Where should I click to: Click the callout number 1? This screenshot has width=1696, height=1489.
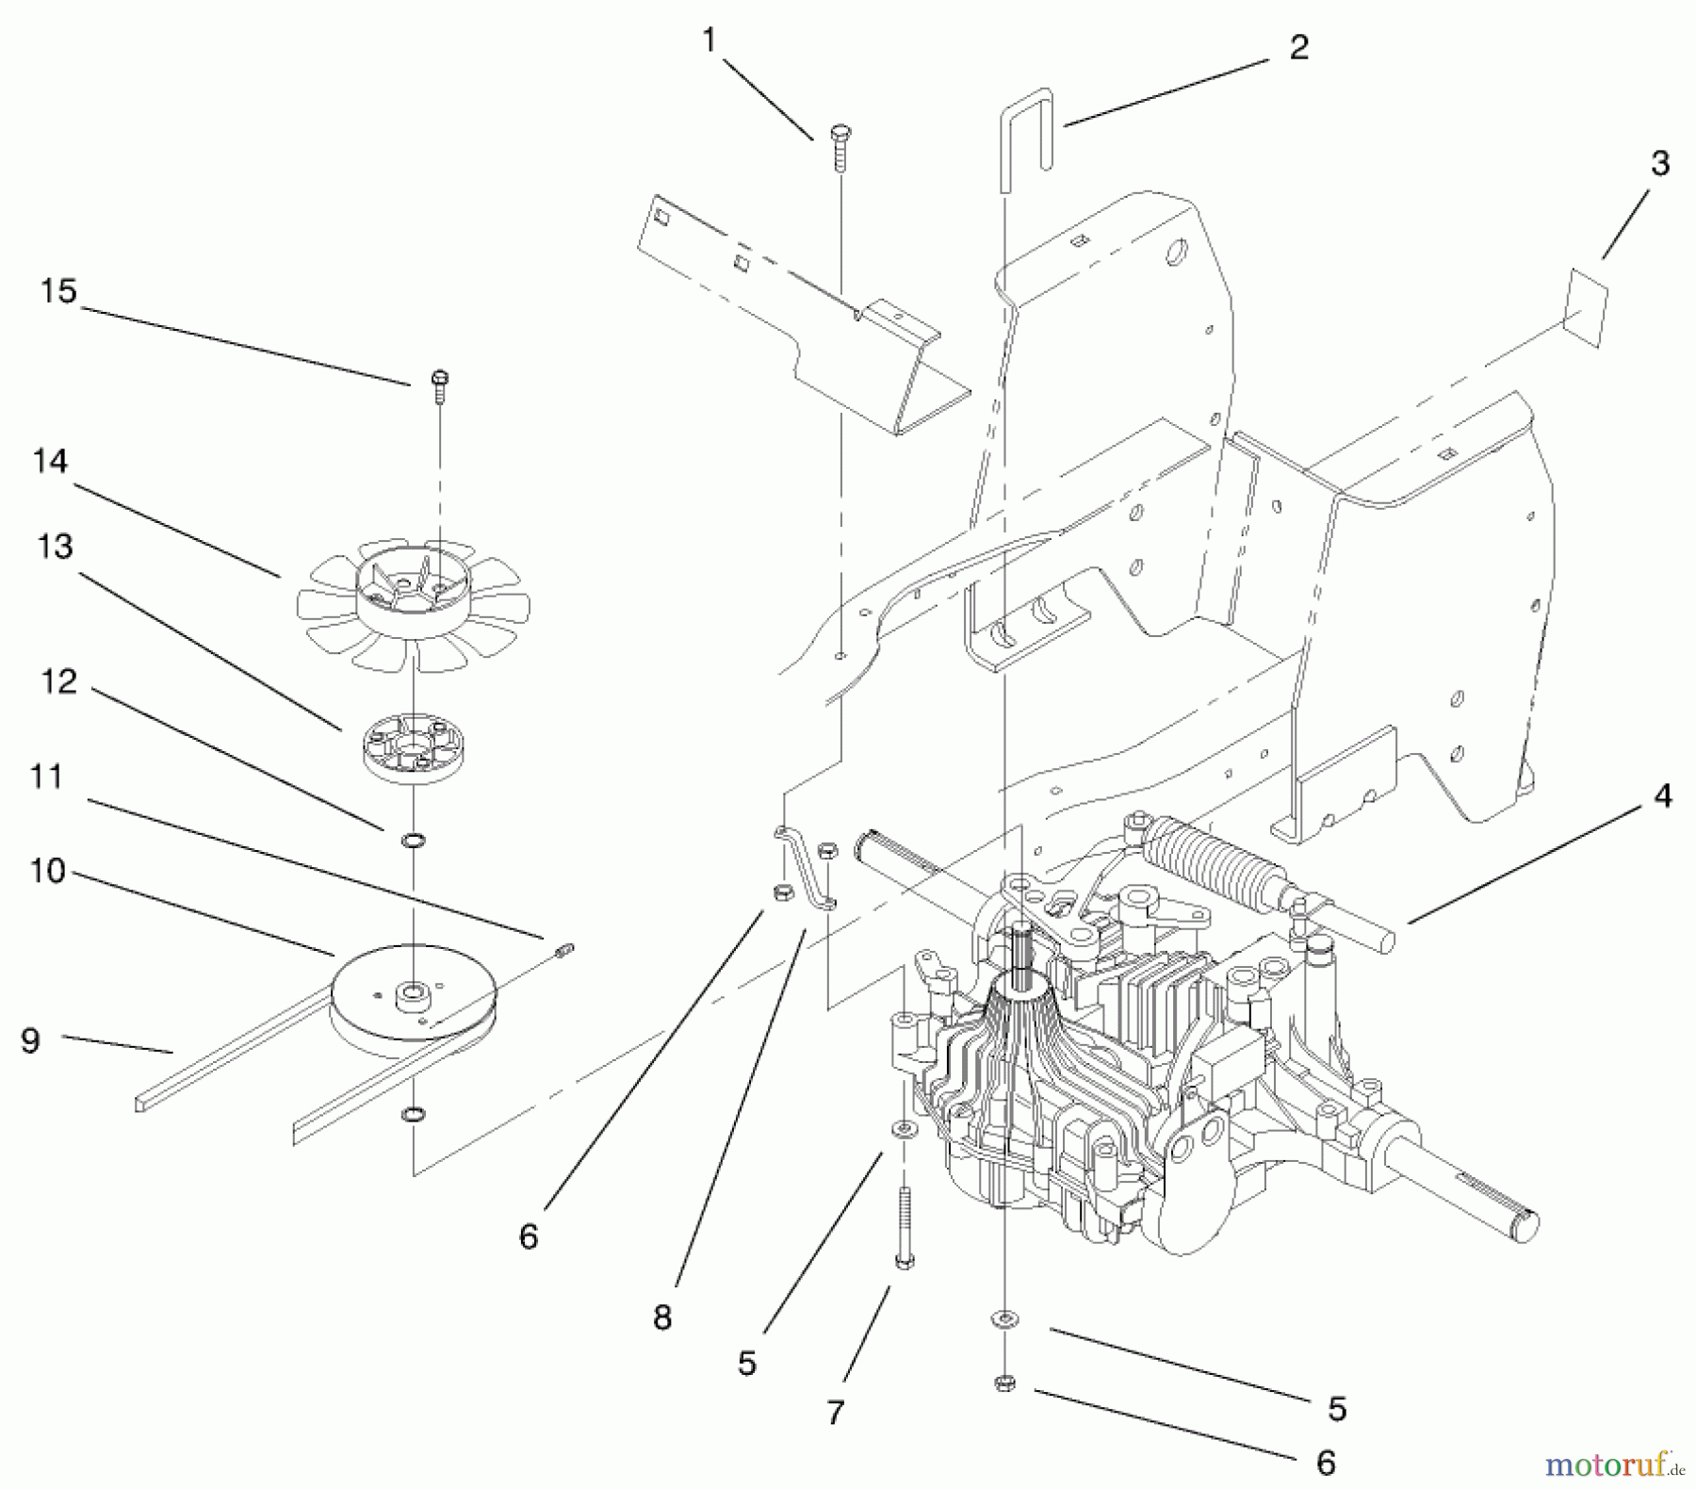pos(709,40)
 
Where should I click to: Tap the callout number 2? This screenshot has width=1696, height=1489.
pos(1299,47)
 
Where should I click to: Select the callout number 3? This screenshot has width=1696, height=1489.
pos(1659,163)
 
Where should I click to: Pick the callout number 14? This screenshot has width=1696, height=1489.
pos(50,461)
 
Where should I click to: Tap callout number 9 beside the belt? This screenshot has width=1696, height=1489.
pos(30,1040)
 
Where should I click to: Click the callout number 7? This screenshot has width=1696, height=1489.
pos(836,1412)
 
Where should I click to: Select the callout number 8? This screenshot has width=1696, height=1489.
pos(662,1317)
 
